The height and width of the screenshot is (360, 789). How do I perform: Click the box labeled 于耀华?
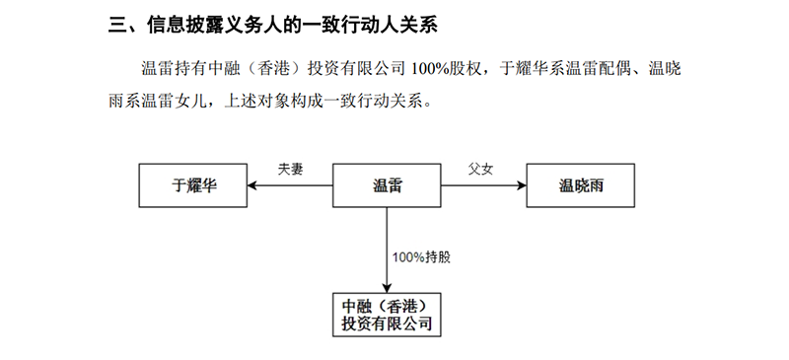pos(193,183)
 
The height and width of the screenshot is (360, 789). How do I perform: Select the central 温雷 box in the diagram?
pos(387,183)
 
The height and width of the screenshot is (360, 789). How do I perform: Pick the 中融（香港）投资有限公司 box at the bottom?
pos(387,313)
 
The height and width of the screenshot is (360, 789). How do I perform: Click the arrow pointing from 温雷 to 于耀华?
pos(291,183)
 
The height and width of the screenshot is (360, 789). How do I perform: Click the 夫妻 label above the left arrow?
pos(291,169)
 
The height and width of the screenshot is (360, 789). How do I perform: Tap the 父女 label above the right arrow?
pos(480,169)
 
